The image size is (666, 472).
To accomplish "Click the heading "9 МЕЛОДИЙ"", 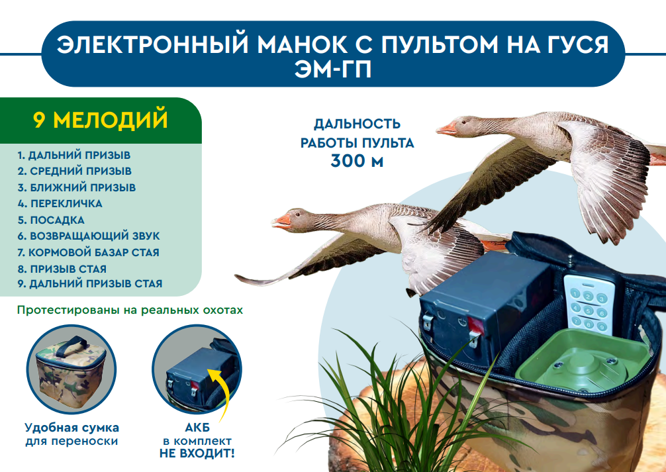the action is [x=100, y=120].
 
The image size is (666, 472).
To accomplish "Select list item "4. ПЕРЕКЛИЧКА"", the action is [x=60, y=203].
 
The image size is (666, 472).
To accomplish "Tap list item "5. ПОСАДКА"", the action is [x=51, y=220].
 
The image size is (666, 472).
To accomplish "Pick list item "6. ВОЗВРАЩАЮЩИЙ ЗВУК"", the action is [x=89, y=236].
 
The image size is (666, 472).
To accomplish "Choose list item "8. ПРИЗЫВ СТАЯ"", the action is [x=62, y=269].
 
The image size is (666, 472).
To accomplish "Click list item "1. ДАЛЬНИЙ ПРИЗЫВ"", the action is [x=74, y=155].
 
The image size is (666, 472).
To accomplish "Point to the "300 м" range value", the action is [x=357, y=161].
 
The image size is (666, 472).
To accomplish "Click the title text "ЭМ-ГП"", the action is [x=333, y=70].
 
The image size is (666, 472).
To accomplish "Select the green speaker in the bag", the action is [x=583, y=361].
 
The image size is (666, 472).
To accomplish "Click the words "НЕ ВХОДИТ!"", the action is [x=197, y=453].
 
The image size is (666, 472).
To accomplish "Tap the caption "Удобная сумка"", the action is [x=71, y=428].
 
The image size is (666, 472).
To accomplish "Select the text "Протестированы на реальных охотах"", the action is [x=130, y=310].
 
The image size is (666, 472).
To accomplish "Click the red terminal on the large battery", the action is [x=475, y=326].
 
